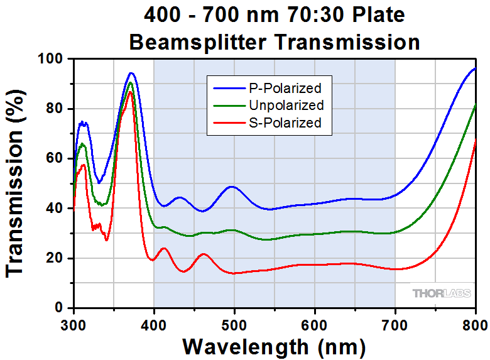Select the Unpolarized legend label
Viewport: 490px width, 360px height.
tap(286, 105)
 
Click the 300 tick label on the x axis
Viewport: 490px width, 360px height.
tap(74, 324)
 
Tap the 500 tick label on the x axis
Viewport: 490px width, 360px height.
tap(234, 324)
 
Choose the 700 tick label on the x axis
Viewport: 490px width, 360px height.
tap(395, 324)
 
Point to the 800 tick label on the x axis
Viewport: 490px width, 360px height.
tap(474, 324)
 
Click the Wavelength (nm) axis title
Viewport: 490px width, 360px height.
tap(274, 346)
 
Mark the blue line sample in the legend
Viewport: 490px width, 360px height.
tap(226, 88)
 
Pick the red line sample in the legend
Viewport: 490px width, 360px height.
tap(226, 123)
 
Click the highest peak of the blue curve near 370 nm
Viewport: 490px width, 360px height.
tap(131, 73)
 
